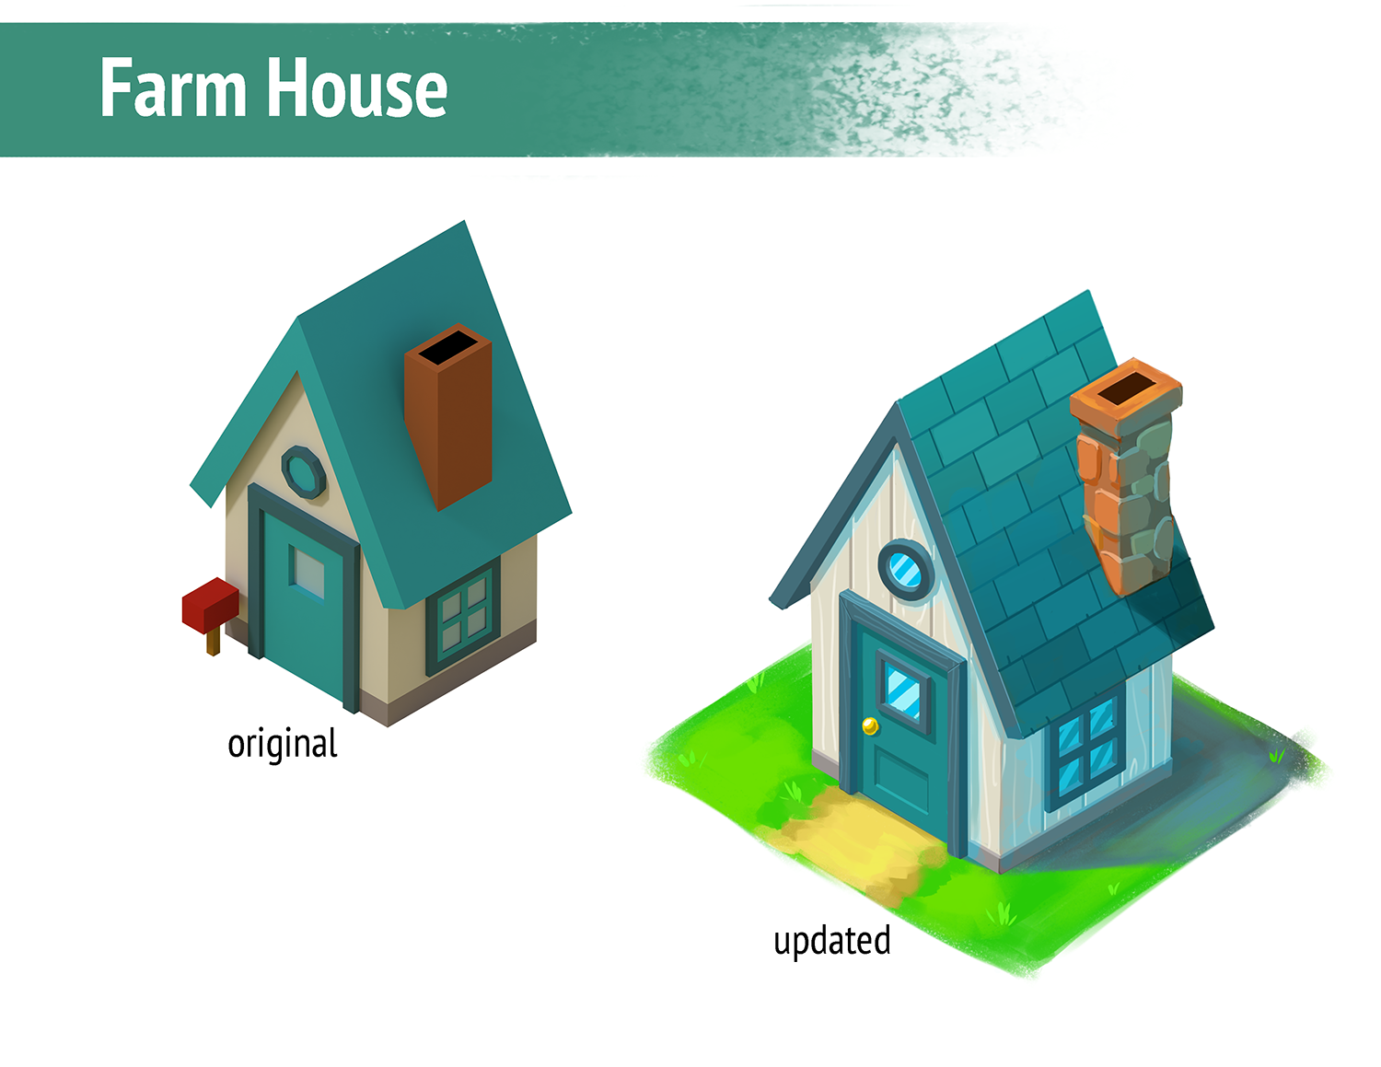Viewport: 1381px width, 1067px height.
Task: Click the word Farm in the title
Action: [173, 88]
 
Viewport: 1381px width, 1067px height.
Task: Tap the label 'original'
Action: [283, 744]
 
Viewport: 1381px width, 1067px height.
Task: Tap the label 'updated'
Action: [831, 941]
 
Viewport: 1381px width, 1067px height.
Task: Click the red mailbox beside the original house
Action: [210, 604]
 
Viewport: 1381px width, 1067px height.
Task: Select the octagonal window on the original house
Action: [304, 472]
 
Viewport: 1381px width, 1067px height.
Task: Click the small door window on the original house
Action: [308, 572]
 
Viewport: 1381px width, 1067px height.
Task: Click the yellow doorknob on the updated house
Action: [869, 726]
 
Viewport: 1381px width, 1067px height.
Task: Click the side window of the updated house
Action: [1088, 743]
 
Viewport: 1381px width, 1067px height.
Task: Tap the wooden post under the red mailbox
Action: [213, 642]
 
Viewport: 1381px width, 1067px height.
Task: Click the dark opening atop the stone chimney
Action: [1125, 387]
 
